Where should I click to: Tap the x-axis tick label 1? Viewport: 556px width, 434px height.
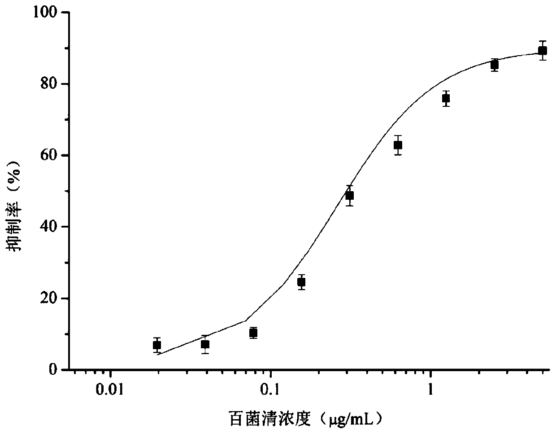click(430, 389)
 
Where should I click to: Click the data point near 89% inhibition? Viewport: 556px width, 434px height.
click(543, 51)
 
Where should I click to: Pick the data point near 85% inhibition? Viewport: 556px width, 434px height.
click(494, 65)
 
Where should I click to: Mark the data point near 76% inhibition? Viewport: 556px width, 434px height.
click(446, 98)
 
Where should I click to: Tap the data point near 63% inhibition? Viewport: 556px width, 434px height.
click(398, 145)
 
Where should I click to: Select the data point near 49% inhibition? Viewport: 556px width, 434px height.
click(349, 196)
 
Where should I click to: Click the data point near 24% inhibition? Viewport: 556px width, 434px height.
click(301, 282)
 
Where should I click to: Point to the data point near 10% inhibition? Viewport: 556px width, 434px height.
click(253, 333)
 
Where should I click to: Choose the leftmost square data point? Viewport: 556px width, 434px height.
click(156, 345)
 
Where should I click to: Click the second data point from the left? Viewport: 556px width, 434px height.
click(205, 345)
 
